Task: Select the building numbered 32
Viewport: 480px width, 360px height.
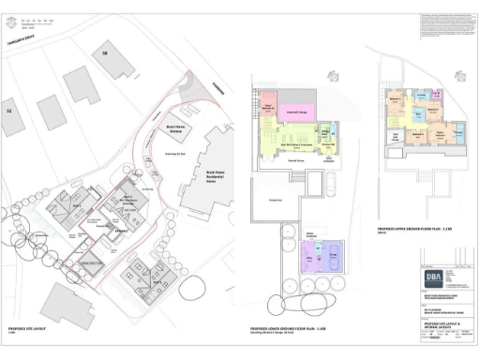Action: click(x=10, y=111)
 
